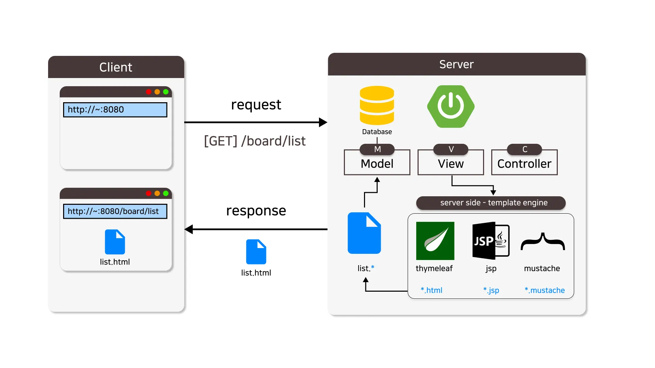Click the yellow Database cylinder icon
tap(377, 105)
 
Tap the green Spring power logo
tap(451, 106)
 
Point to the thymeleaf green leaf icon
tap(435, 241)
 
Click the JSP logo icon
tap(491, 241)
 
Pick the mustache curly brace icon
tap(542, 242)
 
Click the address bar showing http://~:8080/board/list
tap(115, 211)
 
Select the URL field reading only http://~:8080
tap(115, 110)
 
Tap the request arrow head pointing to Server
tap(323, 122)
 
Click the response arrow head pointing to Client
tap(189, 229)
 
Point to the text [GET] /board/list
tap(254, 141)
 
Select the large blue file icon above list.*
tap(364, 233)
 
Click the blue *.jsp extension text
tap(491, 290)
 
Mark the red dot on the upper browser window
tap(148, 92)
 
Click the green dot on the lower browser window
tap(166, 193)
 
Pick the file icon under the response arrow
tap(256, 252)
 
